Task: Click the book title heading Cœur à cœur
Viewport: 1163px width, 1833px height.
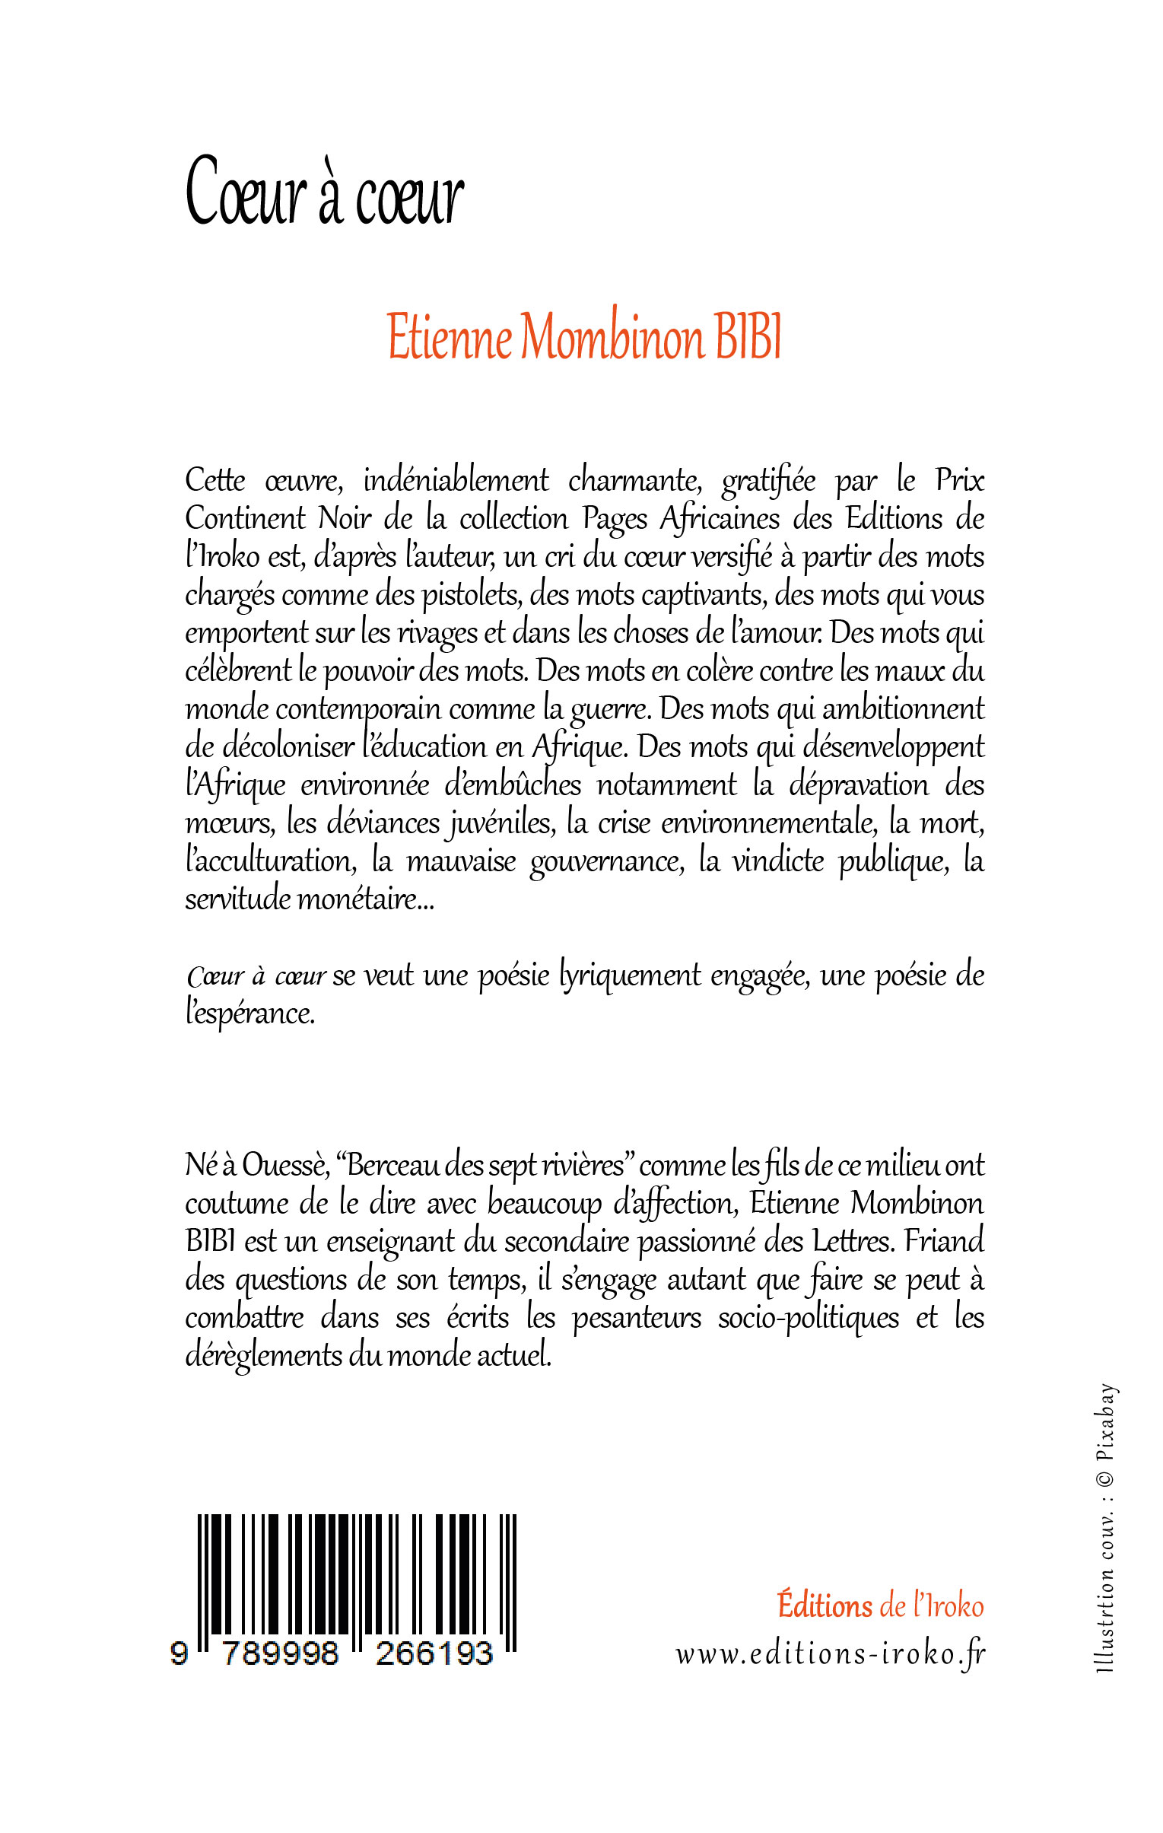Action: pos(324,192)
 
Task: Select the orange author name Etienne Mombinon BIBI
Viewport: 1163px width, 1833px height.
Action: pos(585,338)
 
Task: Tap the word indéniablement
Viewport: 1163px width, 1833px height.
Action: pos(455,481)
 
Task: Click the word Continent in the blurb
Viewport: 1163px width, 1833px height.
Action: pos(244,519)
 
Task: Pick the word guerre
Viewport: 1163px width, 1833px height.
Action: pos(613,709)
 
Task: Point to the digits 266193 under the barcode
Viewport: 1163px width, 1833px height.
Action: pos(434,1654)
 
